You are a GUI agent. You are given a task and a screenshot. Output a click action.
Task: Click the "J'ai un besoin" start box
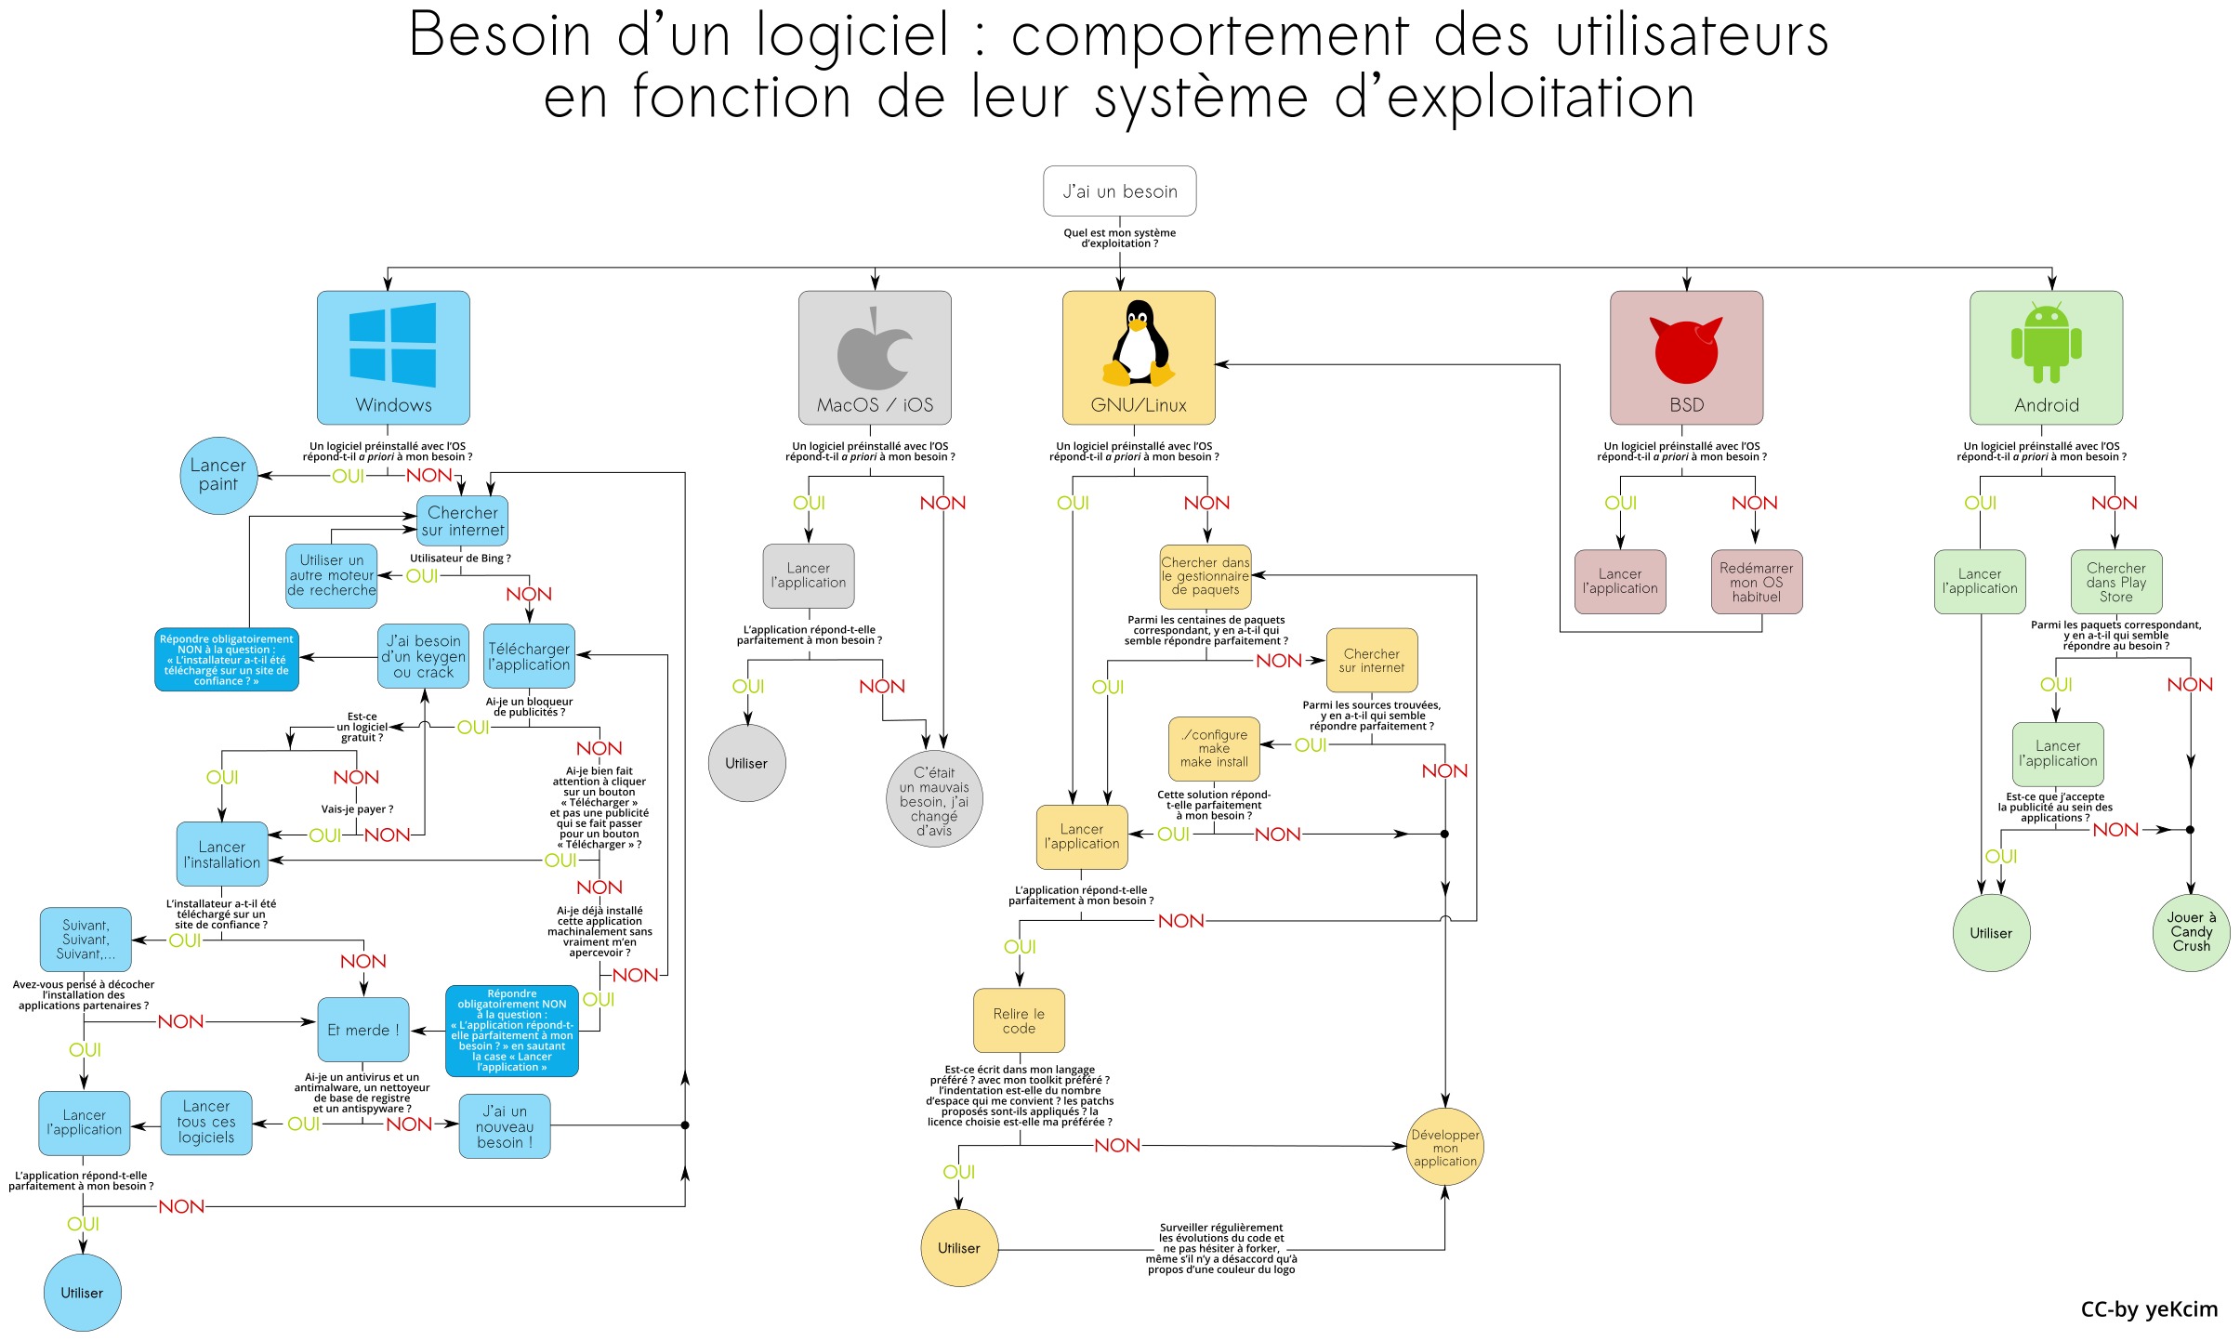click(1119, 191)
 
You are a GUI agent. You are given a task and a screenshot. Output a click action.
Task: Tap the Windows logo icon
click(392, 344)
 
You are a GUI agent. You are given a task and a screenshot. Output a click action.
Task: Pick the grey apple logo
click(874, 349)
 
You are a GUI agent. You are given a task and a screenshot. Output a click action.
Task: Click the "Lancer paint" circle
click(218, 475)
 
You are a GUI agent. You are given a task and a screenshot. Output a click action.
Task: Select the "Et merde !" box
click(362, 1030)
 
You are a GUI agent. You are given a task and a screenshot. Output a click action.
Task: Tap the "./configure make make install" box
click(1214, 748)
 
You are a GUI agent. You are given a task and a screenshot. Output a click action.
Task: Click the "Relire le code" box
click(1019, 1020)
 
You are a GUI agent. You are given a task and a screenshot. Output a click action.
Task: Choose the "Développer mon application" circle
click(1444, 1148)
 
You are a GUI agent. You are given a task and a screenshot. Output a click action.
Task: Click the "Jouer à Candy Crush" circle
click(2191, 932)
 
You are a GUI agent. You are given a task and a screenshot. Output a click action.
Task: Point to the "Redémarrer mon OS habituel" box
click(1756, 582)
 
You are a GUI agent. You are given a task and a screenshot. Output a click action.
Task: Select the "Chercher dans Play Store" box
click(2116, 582)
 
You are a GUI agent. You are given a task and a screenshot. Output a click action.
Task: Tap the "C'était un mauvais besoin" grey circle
click(933, 800)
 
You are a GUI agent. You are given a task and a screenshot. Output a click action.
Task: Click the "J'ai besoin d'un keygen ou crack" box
click(423, 656)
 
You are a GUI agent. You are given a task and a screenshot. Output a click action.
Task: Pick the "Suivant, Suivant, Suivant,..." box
click(86, 940)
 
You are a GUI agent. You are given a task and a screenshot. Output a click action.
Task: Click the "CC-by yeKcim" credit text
click(2148, 1309)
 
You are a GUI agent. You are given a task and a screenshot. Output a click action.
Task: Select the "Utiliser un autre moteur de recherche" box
click(332, 575)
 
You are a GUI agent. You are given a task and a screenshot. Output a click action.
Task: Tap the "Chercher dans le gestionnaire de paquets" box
click(1205, 576)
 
